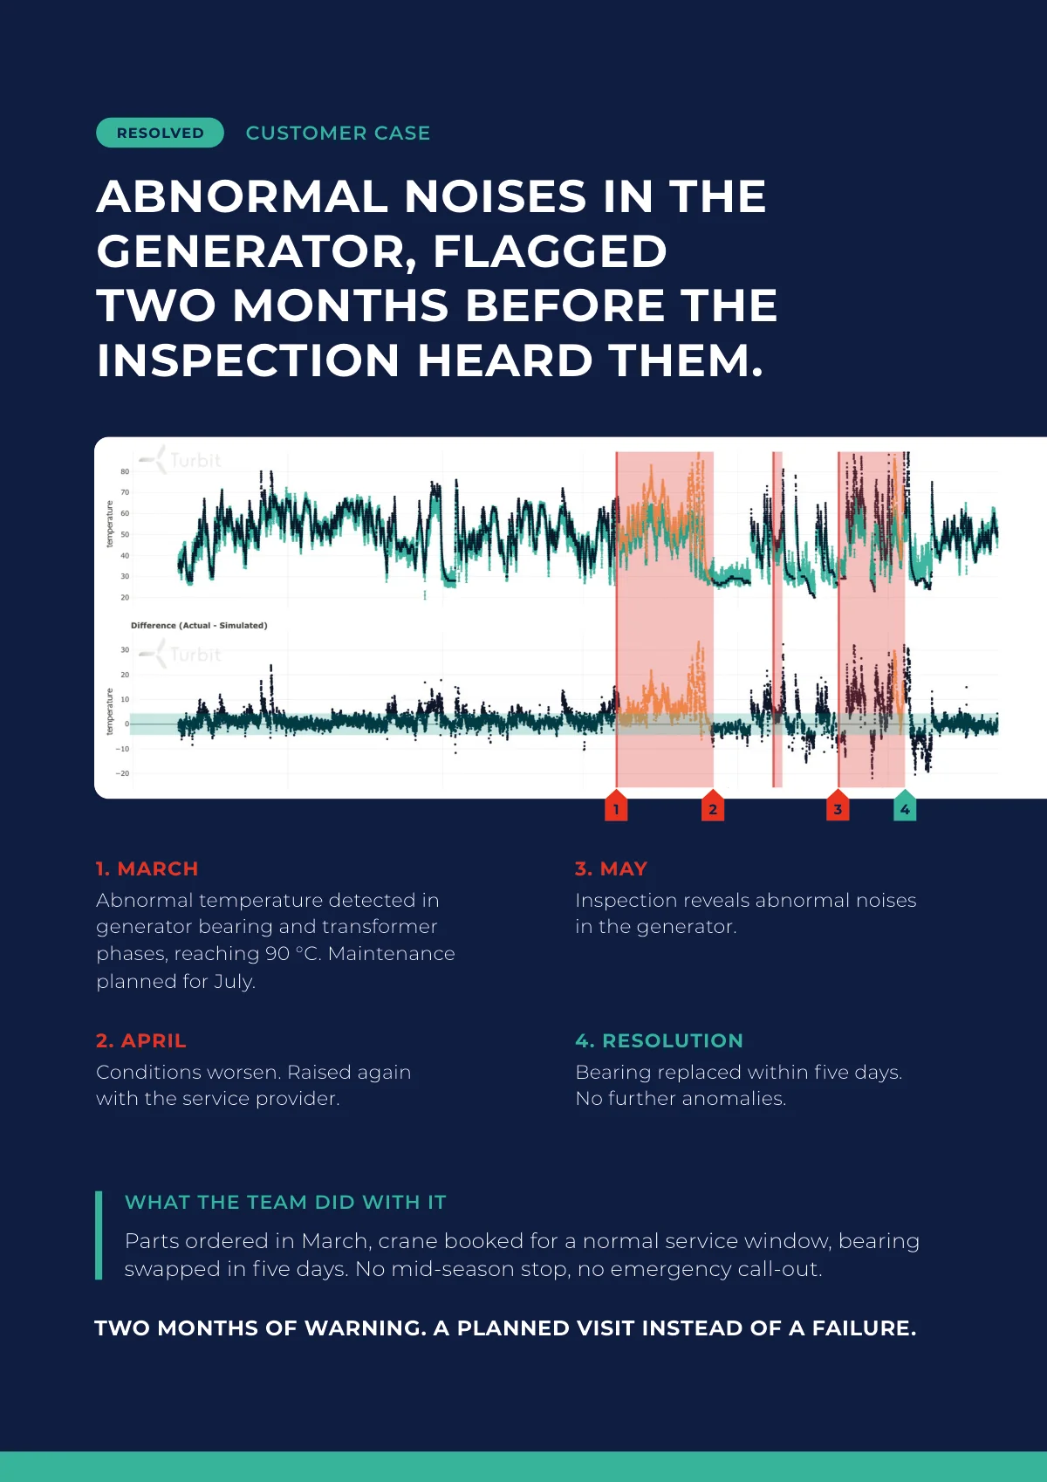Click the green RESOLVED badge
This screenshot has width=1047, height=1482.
(160, 133)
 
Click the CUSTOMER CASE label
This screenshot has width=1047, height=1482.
(338, 133)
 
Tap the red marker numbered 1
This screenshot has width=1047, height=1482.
(616, 806)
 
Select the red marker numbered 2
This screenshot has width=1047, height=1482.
(712, 806)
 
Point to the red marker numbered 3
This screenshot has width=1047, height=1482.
(838, 806)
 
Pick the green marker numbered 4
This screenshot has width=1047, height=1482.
(905, 806)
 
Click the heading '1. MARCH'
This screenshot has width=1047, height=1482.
(147, 868)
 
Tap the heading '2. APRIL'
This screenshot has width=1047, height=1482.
(140, 1040)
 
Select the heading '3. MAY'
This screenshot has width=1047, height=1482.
(611, 868)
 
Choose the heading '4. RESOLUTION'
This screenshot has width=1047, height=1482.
(660, 1040)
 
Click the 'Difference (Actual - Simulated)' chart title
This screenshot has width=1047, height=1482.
(199, 625)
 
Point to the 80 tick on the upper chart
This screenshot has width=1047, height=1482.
(125, 471)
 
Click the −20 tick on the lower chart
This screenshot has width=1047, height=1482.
(122, 773)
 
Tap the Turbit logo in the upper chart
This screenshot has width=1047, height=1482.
(180, 460)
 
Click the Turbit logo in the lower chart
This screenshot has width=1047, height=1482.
(180, 655)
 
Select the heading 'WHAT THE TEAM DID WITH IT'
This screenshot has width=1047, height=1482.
(285, 1202)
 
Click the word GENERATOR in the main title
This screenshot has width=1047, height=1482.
(257, 253)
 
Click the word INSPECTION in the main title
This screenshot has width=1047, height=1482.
(248, 360)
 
